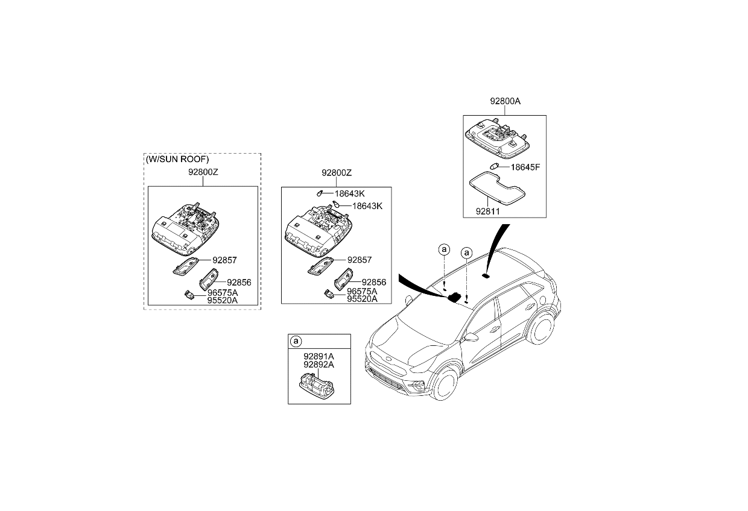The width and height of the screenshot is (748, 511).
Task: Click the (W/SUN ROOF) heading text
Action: [x=177, y=160]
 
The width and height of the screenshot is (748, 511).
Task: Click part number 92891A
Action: [x=319, y=357]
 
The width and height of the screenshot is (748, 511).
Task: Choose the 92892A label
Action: [x=319, y=365]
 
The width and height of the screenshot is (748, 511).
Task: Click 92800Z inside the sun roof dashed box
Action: [x=202, y=172]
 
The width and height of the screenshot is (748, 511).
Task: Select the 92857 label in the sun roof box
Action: [x=224, y=260]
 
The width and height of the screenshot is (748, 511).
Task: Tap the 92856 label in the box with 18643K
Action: [x=373, y=282]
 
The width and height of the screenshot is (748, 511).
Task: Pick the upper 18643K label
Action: [x=350, y=193]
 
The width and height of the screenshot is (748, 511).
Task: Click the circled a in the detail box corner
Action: [x=296, y=342]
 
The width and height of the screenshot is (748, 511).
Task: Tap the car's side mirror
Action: [x=471, y=337]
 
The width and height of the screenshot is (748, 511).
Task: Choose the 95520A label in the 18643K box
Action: [x=362, y=299]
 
